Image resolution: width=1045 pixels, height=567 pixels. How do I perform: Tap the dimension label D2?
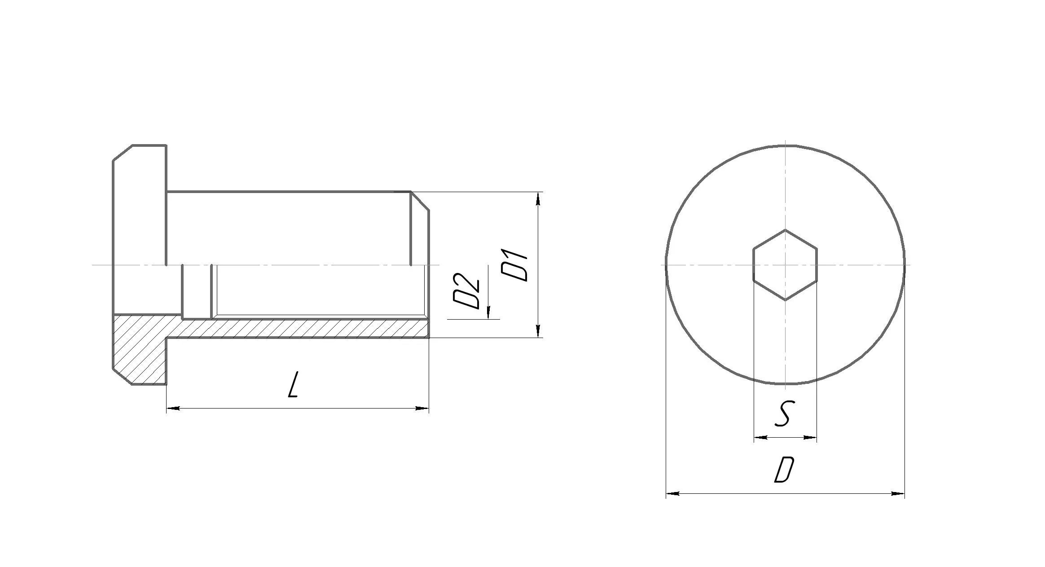[x=466, y=290]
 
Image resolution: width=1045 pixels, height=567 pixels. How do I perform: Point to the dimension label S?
[x=783, y=413]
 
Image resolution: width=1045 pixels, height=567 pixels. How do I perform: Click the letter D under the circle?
[x=785, y=470]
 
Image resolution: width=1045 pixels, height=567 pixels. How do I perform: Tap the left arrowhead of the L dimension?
[x=173, y=408]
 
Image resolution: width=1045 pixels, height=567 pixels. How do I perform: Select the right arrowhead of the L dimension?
[x=422, y=408]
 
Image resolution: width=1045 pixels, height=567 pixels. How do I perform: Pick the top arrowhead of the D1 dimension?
[x=538, y=199]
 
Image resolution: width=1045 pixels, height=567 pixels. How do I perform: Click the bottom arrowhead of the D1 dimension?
[x=538, y=330]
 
